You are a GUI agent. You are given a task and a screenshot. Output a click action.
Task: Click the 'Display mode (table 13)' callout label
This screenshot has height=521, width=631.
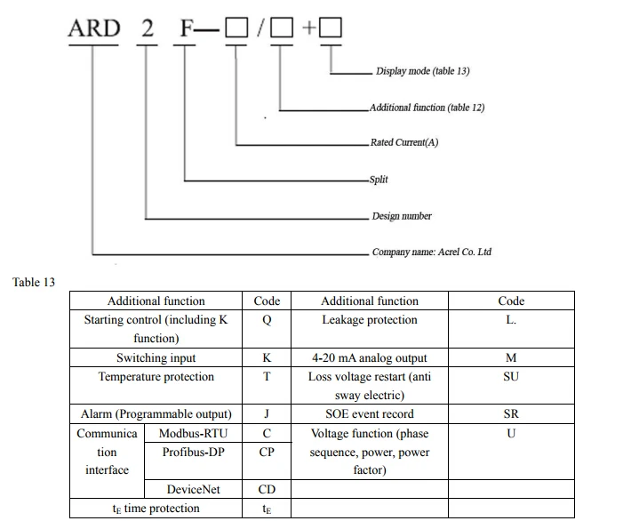[x=422, y=71]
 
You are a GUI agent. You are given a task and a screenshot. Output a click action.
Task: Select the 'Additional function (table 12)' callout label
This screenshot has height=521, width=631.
[x=427, y=108]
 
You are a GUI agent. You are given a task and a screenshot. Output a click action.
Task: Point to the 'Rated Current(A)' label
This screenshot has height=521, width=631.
[x=404, y=142]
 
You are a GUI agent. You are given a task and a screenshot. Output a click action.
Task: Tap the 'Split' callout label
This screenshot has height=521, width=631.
[x=379, y=180]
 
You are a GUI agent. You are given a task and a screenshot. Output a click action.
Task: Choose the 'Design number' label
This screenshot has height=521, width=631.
[x=402, y=216]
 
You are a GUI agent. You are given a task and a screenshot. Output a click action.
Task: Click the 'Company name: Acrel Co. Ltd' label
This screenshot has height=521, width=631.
[x=431, y=252]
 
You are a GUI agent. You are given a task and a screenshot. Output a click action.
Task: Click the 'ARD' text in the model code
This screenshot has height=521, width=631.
[x=94, y=28]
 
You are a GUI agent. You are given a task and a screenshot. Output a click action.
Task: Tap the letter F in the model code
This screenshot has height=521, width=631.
[x=187, y=28]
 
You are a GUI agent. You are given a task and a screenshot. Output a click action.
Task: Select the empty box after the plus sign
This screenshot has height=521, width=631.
[x=331, y=28]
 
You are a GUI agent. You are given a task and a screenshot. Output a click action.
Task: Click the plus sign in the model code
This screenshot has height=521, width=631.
[x=308, y=28]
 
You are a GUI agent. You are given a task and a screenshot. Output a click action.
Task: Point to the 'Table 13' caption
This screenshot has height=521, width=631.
[x=34, y=282]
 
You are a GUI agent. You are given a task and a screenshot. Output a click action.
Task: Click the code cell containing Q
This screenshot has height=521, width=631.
[x=267, y=329]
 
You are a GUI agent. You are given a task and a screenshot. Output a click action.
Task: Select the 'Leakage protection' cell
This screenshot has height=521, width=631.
[x=370, y=329]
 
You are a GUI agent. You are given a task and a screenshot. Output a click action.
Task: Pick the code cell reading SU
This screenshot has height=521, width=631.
[x=511, y=385]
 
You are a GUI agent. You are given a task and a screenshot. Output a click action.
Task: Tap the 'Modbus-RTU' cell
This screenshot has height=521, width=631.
[x=193, y=433]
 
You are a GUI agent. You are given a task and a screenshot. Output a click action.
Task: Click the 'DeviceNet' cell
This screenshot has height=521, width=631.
[x=193, y=489]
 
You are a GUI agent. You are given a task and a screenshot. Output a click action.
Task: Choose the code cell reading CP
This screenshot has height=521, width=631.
[x=267, y=461]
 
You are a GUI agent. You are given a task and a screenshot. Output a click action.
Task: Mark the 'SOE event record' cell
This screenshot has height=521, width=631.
[x=370, y=414]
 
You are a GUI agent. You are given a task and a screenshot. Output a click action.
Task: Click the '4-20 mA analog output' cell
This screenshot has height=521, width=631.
[x=370, y=357]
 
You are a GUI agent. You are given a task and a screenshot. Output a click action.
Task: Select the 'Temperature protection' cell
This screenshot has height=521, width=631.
[x=156, y=385]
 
